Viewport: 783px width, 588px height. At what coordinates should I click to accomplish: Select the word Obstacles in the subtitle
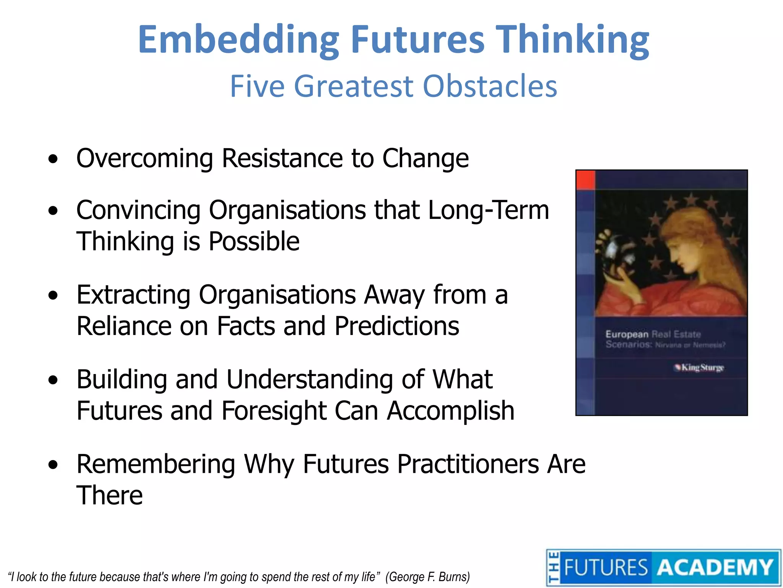tap(490, 86)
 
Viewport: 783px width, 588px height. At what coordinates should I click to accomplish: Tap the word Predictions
tap(397, 326)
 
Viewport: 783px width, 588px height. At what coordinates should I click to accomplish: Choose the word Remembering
tap(156, 464)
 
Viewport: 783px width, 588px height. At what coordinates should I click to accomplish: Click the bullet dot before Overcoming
tap(53, 159)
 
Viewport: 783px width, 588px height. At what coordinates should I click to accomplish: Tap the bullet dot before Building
tap(53, 380)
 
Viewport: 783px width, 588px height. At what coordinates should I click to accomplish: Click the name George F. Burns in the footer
tap(427, 577)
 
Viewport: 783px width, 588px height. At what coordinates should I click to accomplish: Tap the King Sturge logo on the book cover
tap(699, 368)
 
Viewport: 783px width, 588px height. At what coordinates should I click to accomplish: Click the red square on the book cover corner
tap(585, 180)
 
